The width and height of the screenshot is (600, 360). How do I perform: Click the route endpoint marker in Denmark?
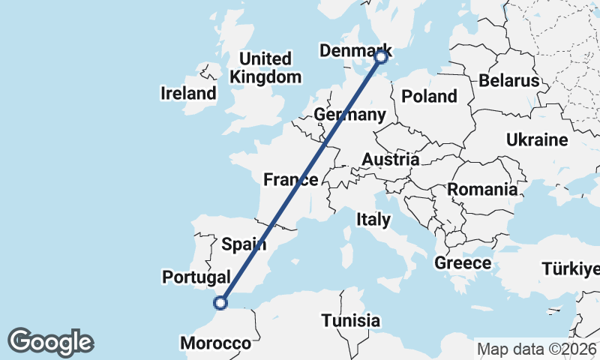pyautogui.click(x=381, y=56)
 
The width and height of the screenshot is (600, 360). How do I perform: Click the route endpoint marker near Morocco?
pyautogui.click(x=220, y=303)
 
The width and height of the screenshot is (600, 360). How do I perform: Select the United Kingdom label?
pyautogui.click(x=265, y=67)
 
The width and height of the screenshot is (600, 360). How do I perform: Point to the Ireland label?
pyautogui.click(x=188, y=94)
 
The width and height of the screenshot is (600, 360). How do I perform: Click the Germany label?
pyautogui.click(x=349, y=115)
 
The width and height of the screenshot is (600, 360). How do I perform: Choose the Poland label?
pyautogui.click(x=429, y=96)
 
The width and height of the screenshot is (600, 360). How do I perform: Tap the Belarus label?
pyautogui.click(x=510, y=80)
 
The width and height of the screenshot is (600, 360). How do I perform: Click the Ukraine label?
pyautogui.click(x=536, y=140)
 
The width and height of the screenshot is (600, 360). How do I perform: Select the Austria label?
pyautogui.click(x=390, y=160)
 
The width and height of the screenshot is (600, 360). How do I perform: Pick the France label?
pyautogui.click(x=291, y=179)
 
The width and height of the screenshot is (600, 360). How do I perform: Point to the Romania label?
pyautogui.click(x=483, y=190)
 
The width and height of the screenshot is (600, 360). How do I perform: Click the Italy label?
pyautogui.click(x=373, y=220)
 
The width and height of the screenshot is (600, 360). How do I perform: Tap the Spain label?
pyautogui.click(x=244, y=244)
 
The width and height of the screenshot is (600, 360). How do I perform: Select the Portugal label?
pyautogui.click(x=196, y=277)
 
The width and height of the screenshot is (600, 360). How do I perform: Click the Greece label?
pyautogui.click(x=463, y=263)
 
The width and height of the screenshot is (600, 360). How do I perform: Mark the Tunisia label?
pyautogui.click(x=350, y=321)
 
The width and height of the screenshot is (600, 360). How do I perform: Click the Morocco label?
pyautogui.click(x=215, y=343)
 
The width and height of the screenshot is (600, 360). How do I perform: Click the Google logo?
pyautogui.click(x=50, y=342)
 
